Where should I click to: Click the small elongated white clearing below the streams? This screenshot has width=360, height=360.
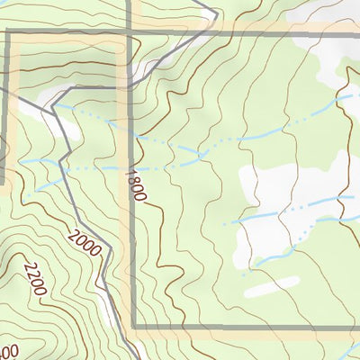271,286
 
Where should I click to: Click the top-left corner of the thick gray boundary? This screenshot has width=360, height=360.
9,33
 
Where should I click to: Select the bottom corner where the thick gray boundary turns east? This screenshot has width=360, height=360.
133,326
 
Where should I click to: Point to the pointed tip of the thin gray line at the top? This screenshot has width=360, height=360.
216,12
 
